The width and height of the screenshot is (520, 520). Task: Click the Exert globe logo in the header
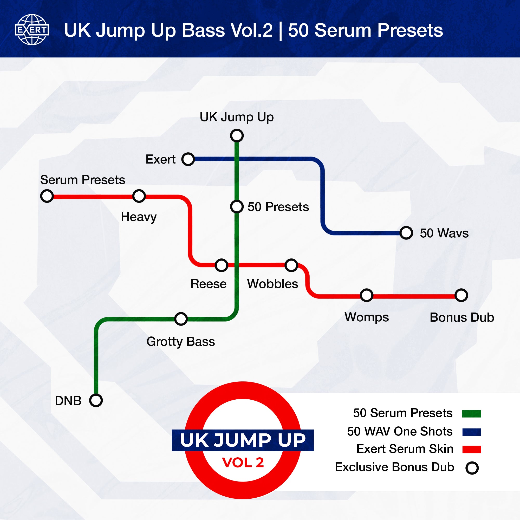coord(32,30)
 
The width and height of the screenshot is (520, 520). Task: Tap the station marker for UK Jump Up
coord(237,135)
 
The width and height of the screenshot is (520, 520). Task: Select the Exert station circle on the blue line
coord(188,159)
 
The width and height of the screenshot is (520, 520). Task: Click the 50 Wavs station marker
coord(406,233)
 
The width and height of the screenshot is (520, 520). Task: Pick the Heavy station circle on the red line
coord(139,196)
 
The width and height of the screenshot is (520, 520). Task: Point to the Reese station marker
coord(221,265)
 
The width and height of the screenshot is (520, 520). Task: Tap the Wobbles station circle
coord(291,265)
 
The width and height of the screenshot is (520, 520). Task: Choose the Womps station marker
coord(367,295)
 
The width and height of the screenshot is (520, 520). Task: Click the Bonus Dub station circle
coord(461,295)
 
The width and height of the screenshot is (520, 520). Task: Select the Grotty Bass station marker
coord(181,319)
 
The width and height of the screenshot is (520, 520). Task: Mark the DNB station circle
coord(96,400)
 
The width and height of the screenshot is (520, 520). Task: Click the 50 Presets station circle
coord(237,206)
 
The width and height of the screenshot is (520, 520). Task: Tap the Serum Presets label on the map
coord(83,180)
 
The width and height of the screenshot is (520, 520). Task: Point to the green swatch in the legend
coord(471,413)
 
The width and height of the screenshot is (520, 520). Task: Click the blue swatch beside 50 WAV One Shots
coord(472,432)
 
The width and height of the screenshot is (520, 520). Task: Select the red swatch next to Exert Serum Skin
coord(472,449)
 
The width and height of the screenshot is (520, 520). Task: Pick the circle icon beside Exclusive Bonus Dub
coord(472,468)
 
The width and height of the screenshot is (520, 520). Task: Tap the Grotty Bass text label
coord(181,342)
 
